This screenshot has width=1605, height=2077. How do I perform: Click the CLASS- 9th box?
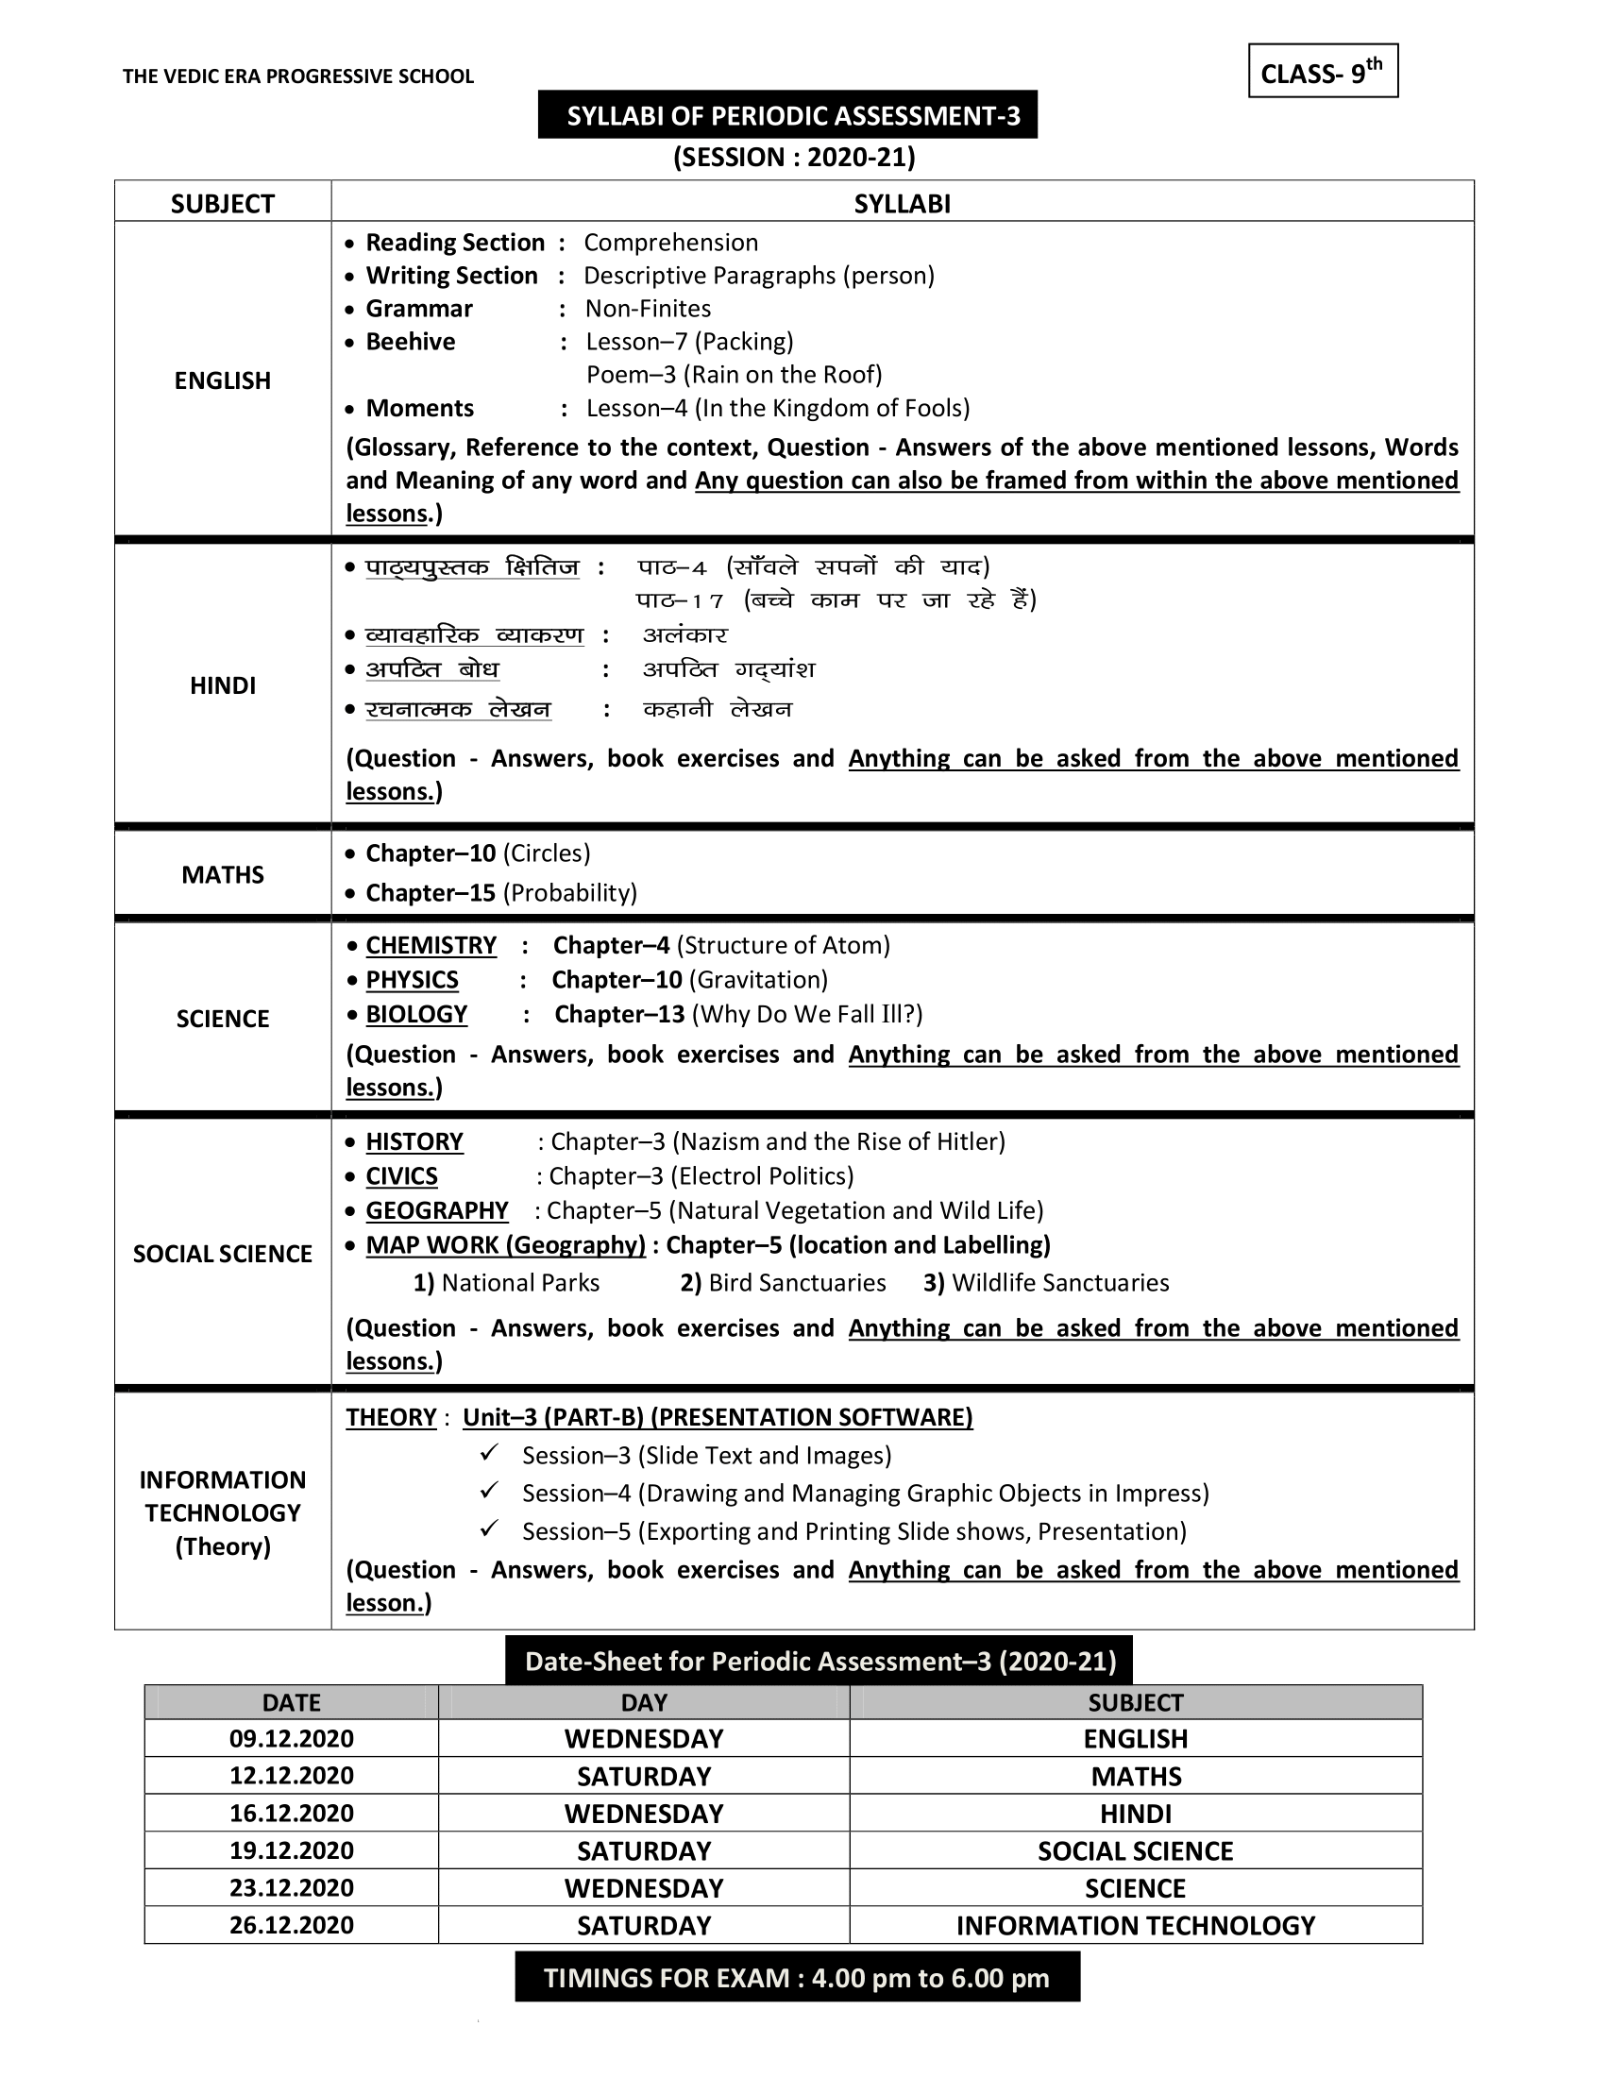(x=1322, y=72)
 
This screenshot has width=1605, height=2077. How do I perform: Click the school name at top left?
(x=297, y=77)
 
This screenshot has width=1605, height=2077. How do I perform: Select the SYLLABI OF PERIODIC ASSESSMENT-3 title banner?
(x=787, y=115)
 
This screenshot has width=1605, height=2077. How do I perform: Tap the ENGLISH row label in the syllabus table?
(x=223, y=380)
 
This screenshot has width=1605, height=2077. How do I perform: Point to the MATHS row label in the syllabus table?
(x=223, y=875)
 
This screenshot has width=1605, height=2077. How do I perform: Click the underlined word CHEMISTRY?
(x=431, y=945)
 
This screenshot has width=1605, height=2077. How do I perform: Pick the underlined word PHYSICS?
(x=412, y=980)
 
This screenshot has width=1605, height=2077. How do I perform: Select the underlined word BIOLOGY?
(x=416, y=1014)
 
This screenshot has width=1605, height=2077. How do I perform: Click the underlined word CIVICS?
(x=401, y=1176)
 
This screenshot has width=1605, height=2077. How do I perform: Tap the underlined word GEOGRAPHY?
(x=436, y=1210)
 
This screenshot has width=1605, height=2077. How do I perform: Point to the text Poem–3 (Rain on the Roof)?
(x=734, y=375)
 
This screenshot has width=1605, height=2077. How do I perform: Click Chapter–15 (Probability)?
(x=501, y=893)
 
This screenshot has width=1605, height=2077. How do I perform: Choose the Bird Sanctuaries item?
(x=783, y=1283)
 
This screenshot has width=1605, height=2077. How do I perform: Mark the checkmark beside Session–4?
(x=490, y=1490)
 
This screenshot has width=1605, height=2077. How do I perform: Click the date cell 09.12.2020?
(x=291, y=1738)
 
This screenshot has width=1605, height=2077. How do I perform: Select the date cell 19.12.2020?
(x=291, y=1850)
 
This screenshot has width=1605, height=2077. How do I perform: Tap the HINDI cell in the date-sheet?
(x=1135, y=1814)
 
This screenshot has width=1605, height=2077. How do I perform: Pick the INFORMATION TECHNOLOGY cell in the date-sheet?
(x=1135, y=1926)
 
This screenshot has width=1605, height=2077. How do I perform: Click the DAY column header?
(x=644, y=1702)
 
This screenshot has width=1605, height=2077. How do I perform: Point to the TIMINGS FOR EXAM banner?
(x=797, y=1978)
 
